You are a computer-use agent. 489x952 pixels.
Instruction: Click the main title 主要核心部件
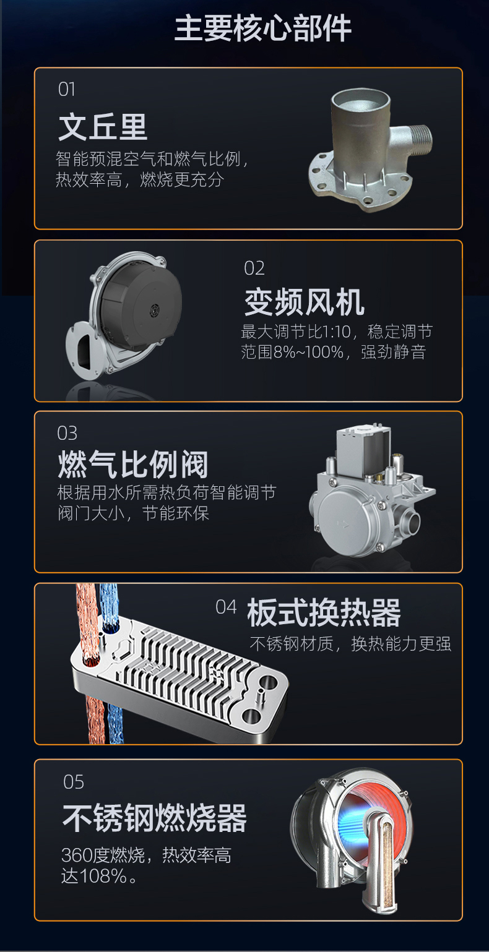pos(262,29)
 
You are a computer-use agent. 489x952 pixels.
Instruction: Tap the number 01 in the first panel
pos(66,90)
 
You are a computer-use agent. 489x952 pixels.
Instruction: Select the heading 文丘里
pos(103,126)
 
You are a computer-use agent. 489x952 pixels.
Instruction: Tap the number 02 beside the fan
pos(254,268)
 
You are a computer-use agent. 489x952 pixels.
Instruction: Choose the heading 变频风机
pos(304,302)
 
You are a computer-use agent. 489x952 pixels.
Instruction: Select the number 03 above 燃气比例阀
pos(67,433)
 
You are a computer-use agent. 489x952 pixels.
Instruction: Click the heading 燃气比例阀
pos(133,465)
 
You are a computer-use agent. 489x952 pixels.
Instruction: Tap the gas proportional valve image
pos(371,492)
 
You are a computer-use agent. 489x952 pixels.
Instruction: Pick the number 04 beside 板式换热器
pos(226,607)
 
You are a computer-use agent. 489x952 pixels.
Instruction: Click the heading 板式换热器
pos(324,612)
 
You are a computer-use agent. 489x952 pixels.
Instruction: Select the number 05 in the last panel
pos(73,783)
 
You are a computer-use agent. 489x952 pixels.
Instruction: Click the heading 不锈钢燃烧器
pos(154,818)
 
